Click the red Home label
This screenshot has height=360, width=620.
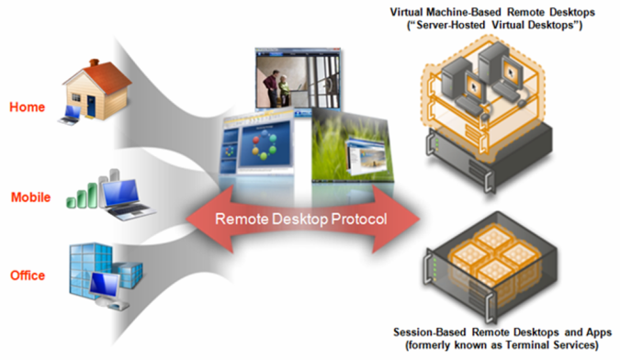[x=27, y=107]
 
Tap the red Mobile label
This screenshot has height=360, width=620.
[x=30, y=197]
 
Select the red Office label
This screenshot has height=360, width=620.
[x=28, y=275]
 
